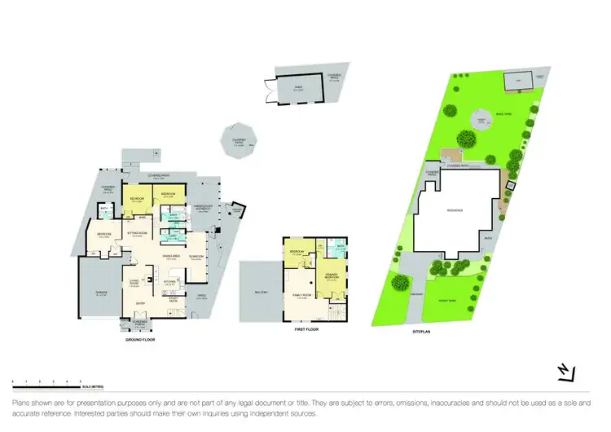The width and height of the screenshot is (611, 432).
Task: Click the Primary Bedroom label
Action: click(332, 276)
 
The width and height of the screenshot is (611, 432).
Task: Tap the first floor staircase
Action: click(335, 311)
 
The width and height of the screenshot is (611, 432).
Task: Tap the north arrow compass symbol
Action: click(562, 372)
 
